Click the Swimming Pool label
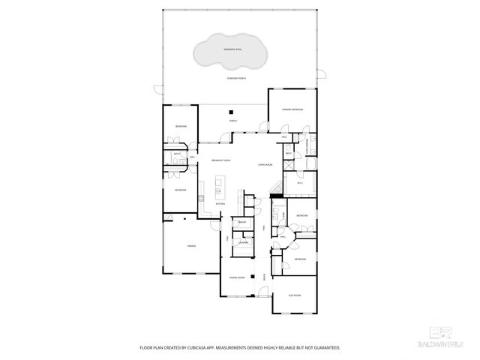[232, 50]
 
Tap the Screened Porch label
[237, 78]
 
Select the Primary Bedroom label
[292, 109]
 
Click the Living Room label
[265, 163]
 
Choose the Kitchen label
[220, 204]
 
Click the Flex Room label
[295, 295]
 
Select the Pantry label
[242, 223]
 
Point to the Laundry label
[243, 242]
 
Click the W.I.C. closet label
[299, 182]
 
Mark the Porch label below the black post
[232, 121]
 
